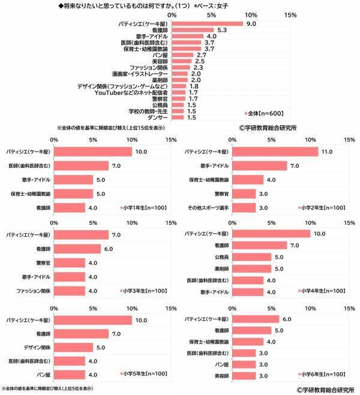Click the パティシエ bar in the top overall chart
(207, 24)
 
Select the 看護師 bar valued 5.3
(193, 30)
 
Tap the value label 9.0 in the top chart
(252, 24)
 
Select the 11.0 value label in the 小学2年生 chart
(327, 152)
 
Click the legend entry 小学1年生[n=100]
(142, 207)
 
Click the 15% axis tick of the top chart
(290, 14)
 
